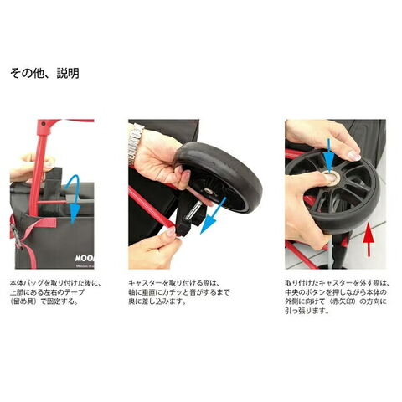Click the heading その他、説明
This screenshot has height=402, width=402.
tap(44, 73)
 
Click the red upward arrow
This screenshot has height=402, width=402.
tap(368, 239)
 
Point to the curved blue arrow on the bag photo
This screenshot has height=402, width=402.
tap(73, 198)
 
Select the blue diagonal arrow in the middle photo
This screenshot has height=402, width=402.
tap(214, 215)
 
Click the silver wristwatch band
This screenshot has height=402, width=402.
tap(135, 142)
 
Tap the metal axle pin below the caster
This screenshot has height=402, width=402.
tap(193, 211)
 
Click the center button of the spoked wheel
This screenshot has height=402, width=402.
tap(332, 178)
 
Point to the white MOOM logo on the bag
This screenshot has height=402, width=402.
tap(85, 258)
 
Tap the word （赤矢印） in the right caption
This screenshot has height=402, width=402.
tap(343, 301)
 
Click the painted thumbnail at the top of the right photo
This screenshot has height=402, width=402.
tap(353, 155)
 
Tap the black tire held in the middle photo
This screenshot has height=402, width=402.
tap(219, 176)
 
